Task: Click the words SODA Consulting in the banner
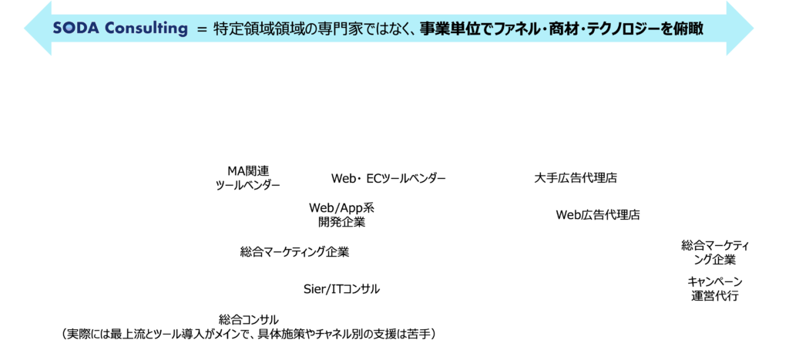click(x=119, y=29)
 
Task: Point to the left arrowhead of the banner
click(x=38, y=29)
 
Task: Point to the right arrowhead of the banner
click(x=740, y=29)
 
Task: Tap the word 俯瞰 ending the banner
click(x=690, y=29)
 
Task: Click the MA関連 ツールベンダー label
click(x=247, y=178)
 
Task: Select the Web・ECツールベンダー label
click(x=388, y=178)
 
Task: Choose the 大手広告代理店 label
click(x=576, y=178)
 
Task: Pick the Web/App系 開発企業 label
click(x=341, y=215)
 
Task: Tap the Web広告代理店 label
click(x=598, y=215)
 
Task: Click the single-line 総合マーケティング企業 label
click(x=294, y=252)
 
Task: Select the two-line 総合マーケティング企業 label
click(x=715, y=253)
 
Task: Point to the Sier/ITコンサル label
click(x=341, y=289)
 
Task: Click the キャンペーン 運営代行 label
click(x=714, y=288)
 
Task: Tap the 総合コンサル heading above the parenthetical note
click(x=249, y=319)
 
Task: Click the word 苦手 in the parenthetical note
click(x=418, y=333)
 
